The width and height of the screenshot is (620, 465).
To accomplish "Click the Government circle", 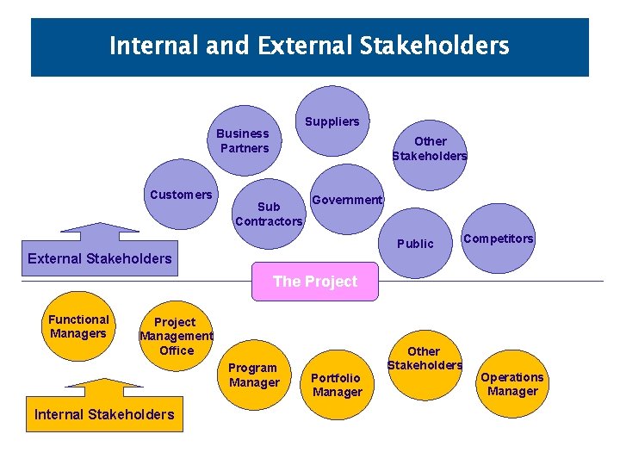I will click(x=346, y=200).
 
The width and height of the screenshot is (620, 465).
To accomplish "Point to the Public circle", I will click(x=415, y=244).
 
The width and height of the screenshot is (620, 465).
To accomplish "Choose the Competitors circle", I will click(x=498, y=239).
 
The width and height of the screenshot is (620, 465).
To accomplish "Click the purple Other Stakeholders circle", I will click(x=429, y=148).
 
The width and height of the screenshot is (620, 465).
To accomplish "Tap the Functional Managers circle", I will click(x=78, y=326).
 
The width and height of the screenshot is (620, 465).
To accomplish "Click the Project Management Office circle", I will click(x=176, y=336).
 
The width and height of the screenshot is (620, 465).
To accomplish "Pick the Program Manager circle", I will click(x=254, y=375).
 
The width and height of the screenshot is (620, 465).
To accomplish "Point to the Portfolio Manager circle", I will click(x=337, y=385).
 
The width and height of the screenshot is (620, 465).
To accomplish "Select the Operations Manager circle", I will click(x=512, y=384).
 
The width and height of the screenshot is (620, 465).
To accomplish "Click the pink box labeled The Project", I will click(x=314, y=282).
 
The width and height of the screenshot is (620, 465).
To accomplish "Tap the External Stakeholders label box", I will click(x=100, y=258).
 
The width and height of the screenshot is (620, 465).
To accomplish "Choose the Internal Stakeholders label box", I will click(x=103, y=415).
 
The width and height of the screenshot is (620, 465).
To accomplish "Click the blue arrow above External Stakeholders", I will click(x=100, y=232).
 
